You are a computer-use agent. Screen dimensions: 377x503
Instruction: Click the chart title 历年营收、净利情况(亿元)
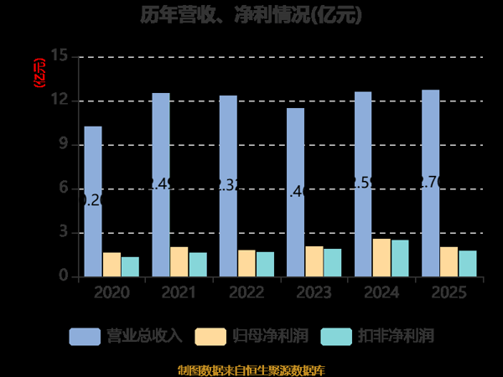(x=251, y=15)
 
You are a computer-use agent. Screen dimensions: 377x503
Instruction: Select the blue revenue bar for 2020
(x=93, y=201)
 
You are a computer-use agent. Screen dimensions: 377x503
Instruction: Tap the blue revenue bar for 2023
(x=295, y=192)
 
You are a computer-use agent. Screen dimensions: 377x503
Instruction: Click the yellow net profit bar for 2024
(x=381, y=257)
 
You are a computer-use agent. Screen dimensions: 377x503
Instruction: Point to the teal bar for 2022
(x=265, y=264)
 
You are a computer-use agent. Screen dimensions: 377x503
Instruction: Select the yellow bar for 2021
(x=179, y=261)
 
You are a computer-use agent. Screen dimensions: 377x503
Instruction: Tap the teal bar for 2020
(x=130, y=266)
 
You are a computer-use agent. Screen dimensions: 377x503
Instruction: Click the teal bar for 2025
(x=468, y=263)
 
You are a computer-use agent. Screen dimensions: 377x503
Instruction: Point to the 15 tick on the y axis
(x=59, y=57)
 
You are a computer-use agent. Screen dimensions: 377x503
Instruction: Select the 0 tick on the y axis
(x=64, y=276)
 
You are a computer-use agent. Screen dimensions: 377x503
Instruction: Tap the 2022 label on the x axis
(x=246, y=293)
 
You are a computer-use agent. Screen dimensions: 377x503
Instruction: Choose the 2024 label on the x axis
(x=381, y=293)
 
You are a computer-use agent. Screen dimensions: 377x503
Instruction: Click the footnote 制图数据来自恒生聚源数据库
(x=251, y=369)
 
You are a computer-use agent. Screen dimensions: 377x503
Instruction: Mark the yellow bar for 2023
(x=314, y=261)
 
